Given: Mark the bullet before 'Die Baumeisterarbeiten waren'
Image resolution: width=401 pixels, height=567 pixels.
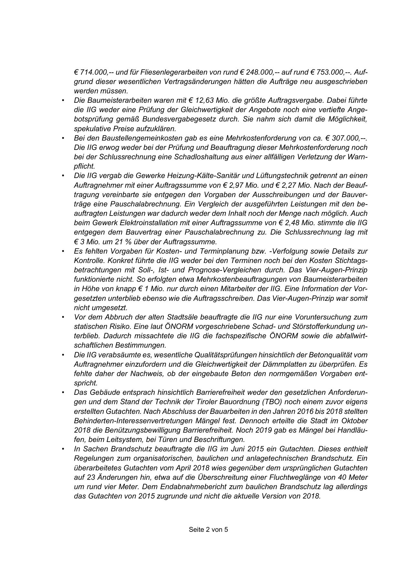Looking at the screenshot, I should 63,100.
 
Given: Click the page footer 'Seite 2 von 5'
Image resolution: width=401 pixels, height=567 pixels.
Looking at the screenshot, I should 208,530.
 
